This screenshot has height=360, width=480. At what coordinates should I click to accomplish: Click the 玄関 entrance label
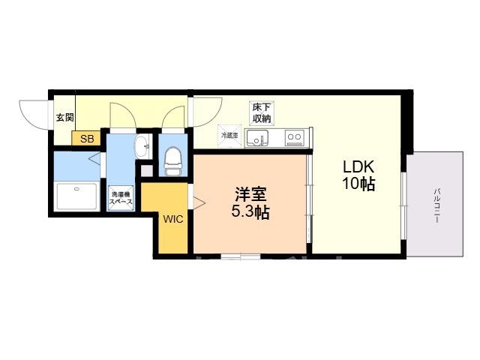coord(65,117)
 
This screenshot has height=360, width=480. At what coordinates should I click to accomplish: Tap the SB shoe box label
coord(87,139)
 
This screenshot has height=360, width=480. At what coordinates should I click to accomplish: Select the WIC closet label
coord(173,219)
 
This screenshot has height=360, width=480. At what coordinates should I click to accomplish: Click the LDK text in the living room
coord(358,167)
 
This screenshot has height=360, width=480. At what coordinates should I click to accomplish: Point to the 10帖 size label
coord(358,184)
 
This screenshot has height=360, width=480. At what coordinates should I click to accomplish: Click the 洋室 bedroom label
coord(250,194)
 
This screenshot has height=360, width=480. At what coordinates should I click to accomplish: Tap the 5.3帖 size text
coord(250,211)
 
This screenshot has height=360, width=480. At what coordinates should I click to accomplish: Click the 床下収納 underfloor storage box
coord(262,113)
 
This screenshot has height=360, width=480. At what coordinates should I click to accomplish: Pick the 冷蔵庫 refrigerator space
coord(229,136)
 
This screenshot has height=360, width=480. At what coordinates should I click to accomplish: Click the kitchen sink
coord(257,138)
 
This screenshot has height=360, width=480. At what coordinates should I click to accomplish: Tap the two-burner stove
coord(295,138)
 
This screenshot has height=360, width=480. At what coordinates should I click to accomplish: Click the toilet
coord(172,161)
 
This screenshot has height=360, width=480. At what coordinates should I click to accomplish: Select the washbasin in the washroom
coord(142,147)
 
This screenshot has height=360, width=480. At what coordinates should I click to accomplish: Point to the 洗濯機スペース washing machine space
coord(121,198)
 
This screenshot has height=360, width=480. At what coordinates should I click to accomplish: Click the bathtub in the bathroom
coord(76,196)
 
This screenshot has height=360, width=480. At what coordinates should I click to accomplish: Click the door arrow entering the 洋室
coord(199,202)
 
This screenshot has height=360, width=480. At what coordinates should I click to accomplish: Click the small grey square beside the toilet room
coord(147,171)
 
